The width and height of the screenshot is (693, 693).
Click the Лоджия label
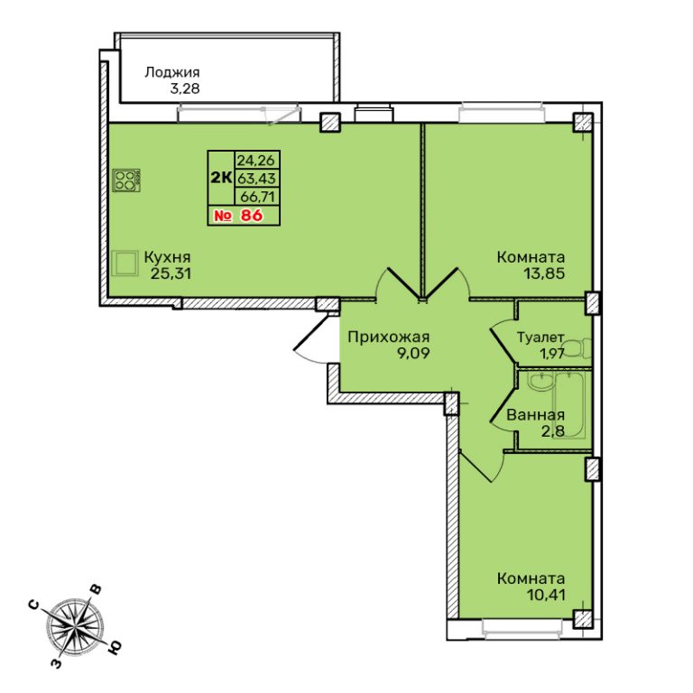172,72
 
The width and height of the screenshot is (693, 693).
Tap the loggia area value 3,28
185,88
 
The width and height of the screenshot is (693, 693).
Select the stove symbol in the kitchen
126,180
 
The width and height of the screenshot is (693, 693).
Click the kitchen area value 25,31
171,273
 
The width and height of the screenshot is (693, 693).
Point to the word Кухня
168,257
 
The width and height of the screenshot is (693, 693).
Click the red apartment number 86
252,216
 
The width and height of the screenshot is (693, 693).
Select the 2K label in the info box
221,178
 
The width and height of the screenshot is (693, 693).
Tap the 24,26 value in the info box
257,160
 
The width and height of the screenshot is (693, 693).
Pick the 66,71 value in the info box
258,196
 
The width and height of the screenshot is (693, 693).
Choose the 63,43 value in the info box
257,178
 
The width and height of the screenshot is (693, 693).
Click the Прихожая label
389,337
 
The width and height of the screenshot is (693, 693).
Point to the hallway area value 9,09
413,354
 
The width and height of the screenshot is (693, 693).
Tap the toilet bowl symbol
578,348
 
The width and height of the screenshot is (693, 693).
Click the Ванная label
535,415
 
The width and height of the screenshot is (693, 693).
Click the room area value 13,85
544,273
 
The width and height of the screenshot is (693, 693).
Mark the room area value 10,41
546,596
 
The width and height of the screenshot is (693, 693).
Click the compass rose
76,626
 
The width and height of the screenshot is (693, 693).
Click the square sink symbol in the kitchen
124,263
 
